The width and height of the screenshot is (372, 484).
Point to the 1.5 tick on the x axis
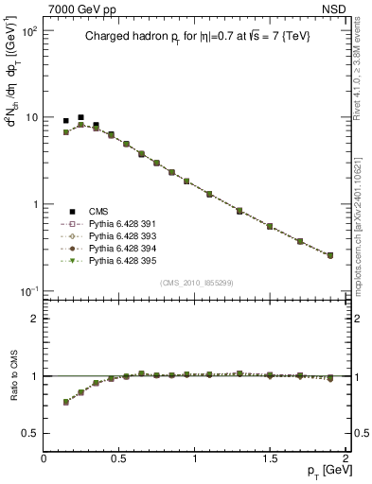click(271, 458)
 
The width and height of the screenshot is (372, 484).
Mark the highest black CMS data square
click(80, 117)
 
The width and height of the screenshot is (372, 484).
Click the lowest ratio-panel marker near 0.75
click(65, 402)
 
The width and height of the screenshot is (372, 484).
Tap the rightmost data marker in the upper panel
click(330, 255)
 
